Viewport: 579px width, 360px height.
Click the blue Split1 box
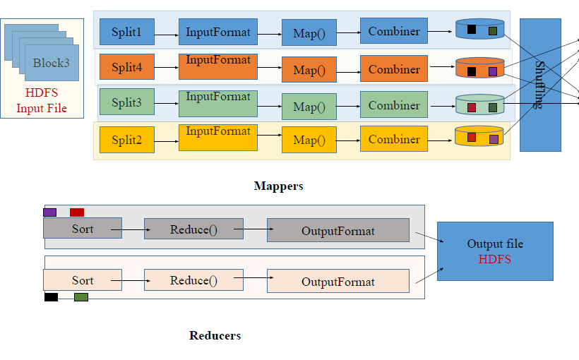click(x=127, y=32)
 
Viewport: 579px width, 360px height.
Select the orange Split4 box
click(x=127, y=67)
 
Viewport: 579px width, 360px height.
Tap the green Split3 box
click(x=127, y=102)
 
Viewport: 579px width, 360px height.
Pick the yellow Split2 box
click(x=127, y=140)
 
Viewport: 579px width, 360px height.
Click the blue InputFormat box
click(x=218, y=32)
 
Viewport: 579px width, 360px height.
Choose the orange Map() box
click(x=309, y=69)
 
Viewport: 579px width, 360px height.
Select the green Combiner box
click(x=394, y=104)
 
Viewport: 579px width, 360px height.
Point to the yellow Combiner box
click(x=394, y=139)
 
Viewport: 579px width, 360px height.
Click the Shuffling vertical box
click(x=540, y=85)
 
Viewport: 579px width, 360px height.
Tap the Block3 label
click(x=51, y=63)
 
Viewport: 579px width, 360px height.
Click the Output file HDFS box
click(x=495, y=251)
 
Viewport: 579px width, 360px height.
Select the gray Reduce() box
click(x=193, y=229)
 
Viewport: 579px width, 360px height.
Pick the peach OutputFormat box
click(x=338, y=281)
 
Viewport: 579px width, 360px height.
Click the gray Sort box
click(x=83, y=228)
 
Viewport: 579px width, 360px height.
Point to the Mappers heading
click(x=278, y=186)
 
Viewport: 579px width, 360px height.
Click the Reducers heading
click(x=215, y=335)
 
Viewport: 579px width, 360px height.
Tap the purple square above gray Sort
click(x=50, y=212)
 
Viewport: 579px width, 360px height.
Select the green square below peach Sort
click(x=81, y=297)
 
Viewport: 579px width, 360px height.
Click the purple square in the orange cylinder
click(x=493, y=71)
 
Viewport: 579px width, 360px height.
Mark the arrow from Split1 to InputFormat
click(x=167, y=35)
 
